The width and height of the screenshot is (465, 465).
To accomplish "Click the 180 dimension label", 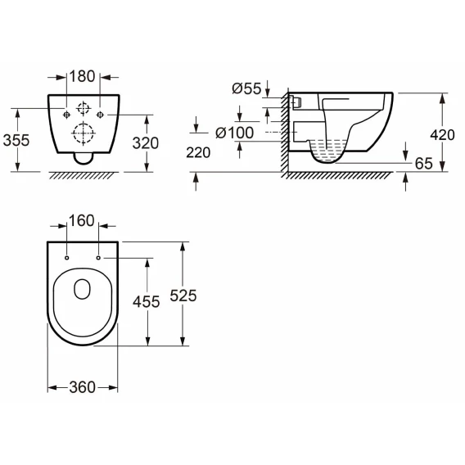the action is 82,76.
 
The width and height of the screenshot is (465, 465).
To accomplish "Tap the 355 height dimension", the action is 16,140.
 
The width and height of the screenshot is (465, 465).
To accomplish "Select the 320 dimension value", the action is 146,143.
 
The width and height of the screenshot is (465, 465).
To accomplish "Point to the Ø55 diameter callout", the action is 246,88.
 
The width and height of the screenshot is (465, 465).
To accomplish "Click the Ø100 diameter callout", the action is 235,133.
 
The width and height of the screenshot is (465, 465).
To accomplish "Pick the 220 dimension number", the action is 198,153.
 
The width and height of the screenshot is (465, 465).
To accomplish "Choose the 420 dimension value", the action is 442,135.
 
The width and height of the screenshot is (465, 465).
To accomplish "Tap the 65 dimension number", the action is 424,164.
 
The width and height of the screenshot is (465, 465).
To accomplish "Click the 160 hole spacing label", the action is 82,221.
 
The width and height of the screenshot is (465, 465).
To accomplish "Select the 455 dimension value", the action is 147,302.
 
